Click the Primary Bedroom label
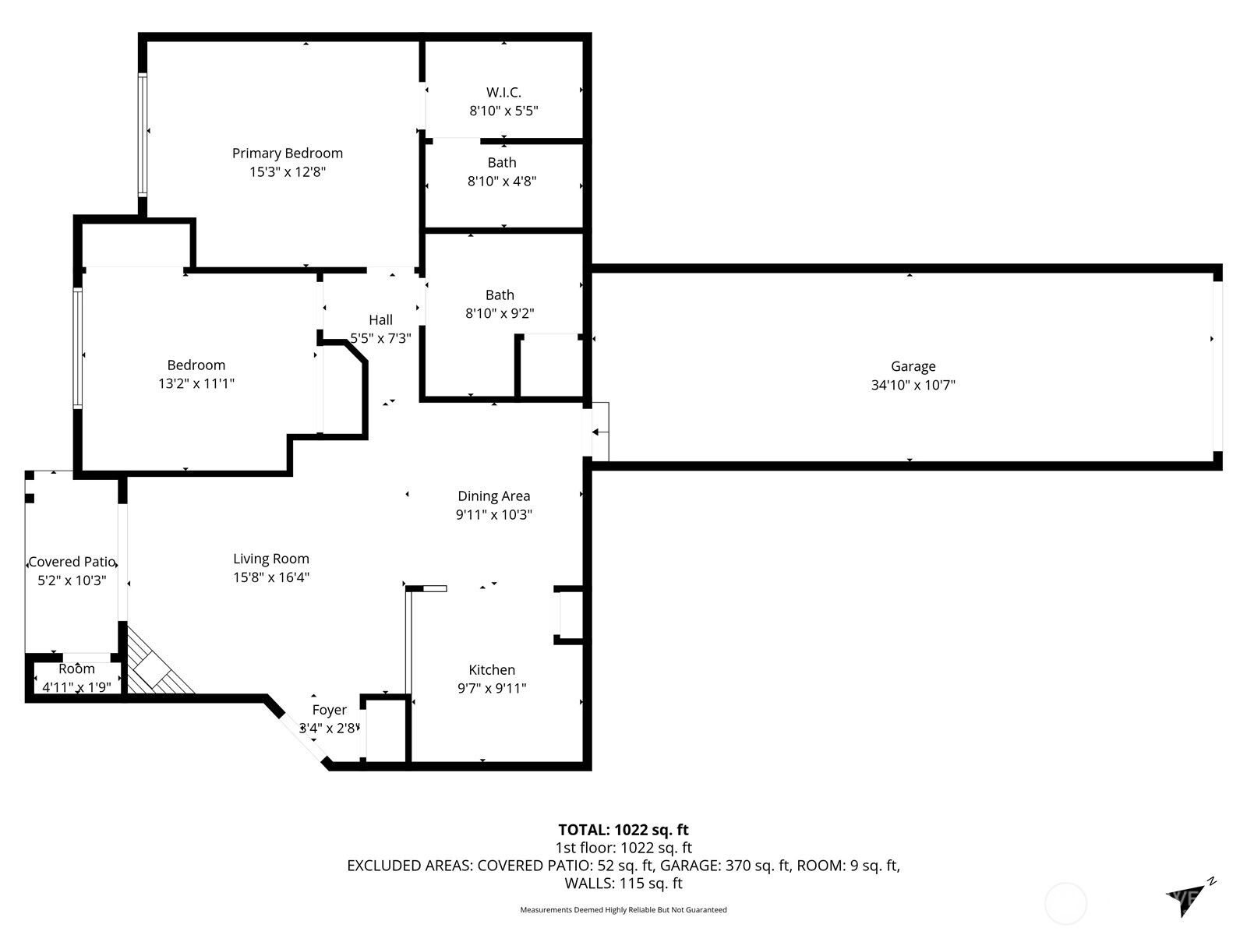pyautogui.click(x=288, y=153)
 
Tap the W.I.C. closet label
pyautogui.click(x=503, y=92)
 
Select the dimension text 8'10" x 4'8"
pyautogui.click(x=502, y=181)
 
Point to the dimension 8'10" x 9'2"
pyautogui.click(x=500, y=312)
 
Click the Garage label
pyautogui.click(x=913, y=367)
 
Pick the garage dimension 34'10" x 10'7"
pyautogui.click(x=913, y=385)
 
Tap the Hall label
pyautogui.click(x=380, y=319)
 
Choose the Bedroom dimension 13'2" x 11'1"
pyautogui.click(x=196, y=383)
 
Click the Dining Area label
pyautogui.click(x=493, y=496)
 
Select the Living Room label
pyautogui.click(x=271, y=559)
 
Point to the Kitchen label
pyautogui.click(x=492, y=670)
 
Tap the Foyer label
pyautogui.click(x=330, y=710)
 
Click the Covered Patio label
pyautogui.click(x=72, y=562)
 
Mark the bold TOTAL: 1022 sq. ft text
pyautogui.click(x=623, y=830)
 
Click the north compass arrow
pyautogui.click(x=1186, y=899)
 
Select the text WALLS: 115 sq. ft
pyautogui.click(x=623, y=884)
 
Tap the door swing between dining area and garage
pyautogui.click(x=600, y=432)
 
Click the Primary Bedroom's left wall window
pyautogui.click(x=143, y=135)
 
